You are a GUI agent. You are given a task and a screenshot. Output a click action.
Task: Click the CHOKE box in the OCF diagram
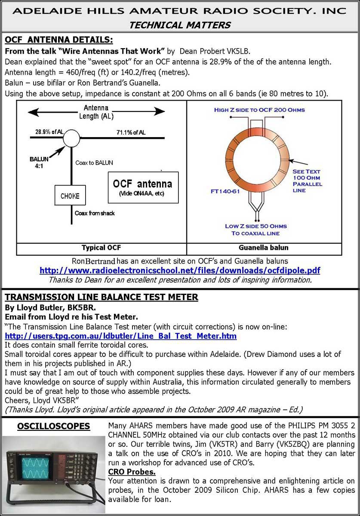70,195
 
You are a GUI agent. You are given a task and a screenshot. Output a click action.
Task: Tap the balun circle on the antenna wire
71,138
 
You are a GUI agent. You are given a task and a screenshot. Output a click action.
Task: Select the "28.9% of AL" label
49,132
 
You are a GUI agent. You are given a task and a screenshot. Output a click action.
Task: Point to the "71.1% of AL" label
131,132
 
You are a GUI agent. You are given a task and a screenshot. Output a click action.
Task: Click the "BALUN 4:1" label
39,163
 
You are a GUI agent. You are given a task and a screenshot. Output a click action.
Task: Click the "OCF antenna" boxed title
142,184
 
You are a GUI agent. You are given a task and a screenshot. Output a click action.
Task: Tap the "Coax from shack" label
95,213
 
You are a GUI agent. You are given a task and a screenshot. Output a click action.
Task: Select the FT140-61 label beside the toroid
225,191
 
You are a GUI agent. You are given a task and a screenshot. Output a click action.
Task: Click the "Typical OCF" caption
101,248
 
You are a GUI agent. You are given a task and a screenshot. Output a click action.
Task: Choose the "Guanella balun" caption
263,248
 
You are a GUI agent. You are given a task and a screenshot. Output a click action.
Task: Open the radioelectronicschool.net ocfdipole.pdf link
180,270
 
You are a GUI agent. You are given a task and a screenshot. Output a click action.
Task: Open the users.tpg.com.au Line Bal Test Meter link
121,336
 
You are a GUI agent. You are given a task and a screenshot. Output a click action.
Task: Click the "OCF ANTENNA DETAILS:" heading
59,40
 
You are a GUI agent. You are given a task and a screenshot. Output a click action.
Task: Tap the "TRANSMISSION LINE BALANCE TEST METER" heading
102,297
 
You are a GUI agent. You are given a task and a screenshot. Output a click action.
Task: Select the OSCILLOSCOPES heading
53,426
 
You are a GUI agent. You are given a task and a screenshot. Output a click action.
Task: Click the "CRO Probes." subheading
132,472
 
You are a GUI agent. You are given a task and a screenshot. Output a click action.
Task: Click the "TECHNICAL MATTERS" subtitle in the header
180,25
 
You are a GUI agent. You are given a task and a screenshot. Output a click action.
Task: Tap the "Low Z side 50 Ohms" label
256,226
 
